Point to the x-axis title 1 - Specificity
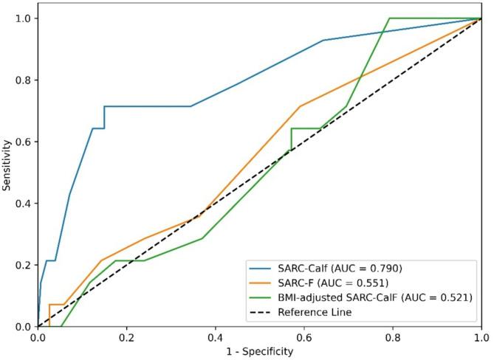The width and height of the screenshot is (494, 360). [259, 352]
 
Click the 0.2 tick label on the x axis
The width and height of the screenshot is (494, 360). [126, 337]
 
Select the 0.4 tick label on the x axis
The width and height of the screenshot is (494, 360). [215, 337]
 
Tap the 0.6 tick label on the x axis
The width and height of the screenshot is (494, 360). [303, 337]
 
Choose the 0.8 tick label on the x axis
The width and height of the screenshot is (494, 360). [393, 337]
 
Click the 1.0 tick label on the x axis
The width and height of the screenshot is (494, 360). [481, 337]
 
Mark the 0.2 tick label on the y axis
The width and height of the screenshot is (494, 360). [24, 265]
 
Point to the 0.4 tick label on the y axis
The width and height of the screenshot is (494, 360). [24, 204]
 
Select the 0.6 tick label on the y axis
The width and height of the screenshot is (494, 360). [24, 142]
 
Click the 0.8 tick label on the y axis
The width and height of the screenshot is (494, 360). [24, 80]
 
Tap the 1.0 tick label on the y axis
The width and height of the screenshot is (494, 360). [24, 18]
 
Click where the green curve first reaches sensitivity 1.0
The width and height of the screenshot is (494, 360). [389, 18]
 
